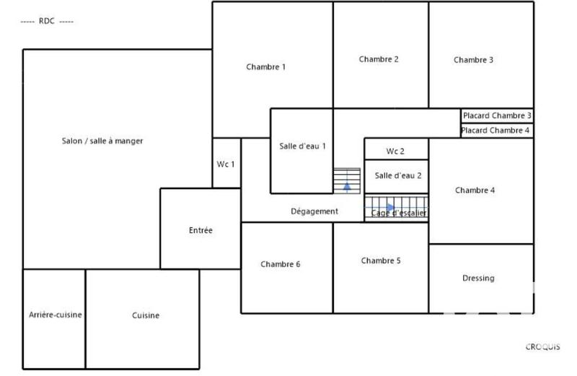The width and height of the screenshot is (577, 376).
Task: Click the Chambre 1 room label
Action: pyautogui.click(x=266, y=67)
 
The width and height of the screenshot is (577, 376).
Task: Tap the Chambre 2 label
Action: pyautogui.click(x=379, y=59)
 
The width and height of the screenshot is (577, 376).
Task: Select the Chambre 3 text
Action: pyautogui.click(x=473, y=60)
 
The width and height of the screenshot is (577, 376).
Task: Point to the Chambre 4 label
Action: pyautogui.click(x=475, y=191)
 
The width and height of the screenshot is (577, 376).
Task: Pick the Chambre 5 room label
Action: pyautogui.click(x=381, y=261)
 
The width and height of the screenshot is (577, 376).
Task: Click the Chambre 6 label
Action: pyautogui.click(x=281, y=264)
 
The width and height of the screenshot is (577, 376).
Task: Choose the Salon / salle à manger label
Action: pyautogui.click(x=102, y=141)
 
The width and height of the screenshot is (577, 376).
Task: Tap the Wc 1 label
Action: pyautogui.click(x=226, y=164)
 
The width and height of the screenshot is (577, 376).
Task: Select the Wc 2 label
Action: pyautogui.click(x=395, y=152)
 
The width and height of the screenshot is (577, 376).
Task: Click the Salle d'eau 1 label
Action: pyautogui.click(x=303, y=146)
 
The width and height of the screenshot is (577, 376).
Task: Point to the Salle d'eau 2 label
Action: pyautogui.click(x=398, y=175)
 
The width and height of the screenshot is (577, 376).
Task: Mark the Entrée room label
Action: pyautogui.click(x=201, y=230)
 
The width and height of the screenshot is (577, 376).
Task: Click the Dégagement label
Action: pyautogui.click(x=314, y=211)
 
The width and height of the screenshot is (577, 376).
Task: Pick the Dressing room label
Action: pyautogui.click(x=478, y=278)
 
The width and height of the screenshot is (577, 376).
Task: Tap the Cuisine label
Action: pyautogui.click(x=146, y=315)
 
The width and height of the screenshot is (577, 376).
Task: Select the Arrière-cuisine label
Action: pyautogui.click(x=55, y=315)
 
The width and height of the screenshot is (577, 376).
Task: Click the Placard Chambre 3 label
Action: pyautogui.click(x=497, y=115)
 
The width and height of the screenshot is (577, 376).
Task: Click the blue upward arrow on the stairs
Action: pyautogui.click(x=347, y=185)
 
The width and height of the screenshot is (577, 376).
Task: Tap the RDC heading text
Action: pyautogui.click(x=47, y=21)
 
